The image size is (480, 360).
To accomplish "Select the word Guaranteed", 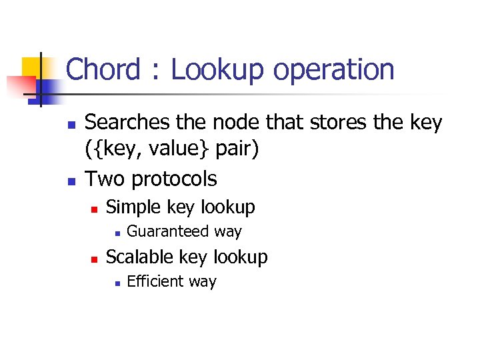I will point(167,232).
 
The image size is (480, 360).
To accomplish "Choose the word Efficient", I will point(155,281).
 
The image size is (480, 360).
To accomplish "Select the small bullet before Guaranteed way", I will point(116,233).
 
